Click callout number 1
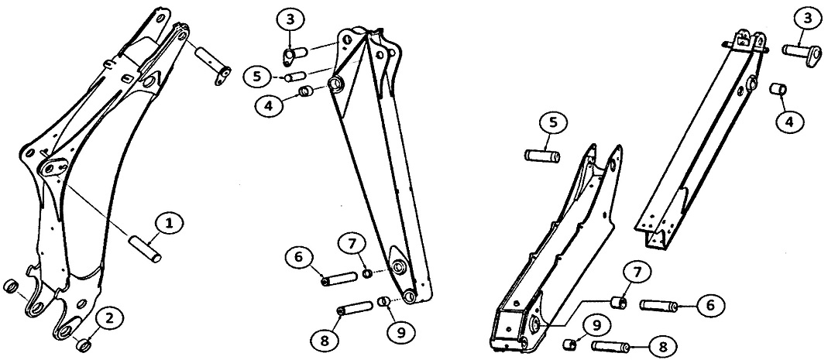(x=169, y=225)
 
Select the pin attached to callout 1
(x=145, y=249)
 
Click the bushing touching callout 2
(x=83, y=345)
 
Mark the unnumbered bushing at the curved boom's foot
(x=10, y=287)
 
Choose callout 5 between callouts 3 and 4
(x=256, y=77)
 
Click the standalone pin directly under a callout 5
(x=542, y=156)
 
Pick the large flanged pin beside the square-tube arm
(x=802, y=55)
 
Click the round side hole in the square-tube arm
(x=752, y=84)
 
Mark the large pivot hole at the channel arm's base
(x=534, y=324)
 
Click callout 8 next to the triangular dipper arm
(x=325, y=341)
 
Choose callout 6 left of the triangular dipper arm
(x=299, y=259)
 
